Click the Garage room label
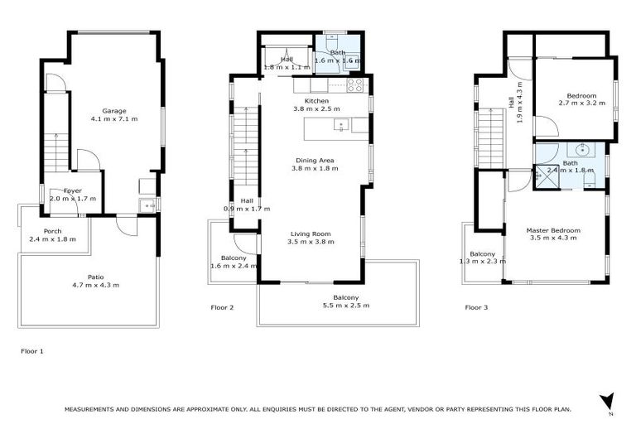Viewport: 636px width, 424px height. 114,111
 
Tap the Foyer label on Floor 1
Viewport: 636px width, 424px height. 72,190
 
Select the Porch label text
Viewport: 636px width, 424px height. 53,231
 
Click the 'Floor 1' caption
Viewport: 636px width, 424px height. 31,351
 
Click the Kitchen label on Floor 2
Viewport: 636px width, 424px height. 316,101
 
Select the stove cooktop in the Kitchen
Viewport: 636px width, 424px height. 354,84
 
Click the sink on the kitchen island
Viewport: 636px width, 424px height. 340,126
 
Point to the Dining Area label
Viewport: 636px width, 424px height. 316,161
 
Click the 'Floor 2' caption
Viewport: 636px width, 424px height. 222,307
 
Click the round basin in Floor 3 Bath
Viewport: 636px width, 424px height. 583,151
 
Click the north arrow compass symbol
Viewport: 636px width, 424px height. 606,402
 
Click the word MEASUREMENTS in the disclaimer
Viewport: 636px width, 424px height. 91,409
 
